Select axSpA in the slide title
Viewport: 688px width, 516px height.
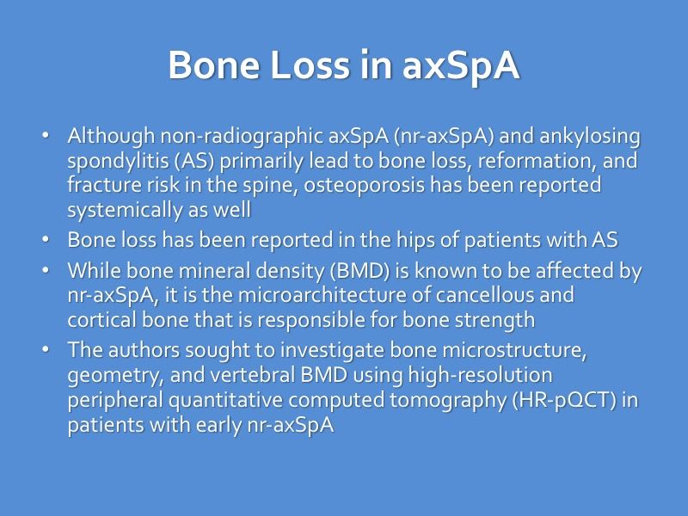[461, 66]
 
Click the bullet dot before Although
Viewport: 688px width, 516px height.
[46, 137]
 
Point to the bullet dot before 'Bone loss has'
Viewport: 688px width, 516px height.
[46, 241]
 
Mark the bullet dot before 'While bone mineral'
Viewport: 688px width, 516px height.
[46, 272]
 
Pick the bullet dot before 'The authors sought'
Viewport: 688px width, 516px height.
[46, 351]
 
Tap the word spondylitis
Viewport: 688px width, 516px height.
[108, 161]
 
